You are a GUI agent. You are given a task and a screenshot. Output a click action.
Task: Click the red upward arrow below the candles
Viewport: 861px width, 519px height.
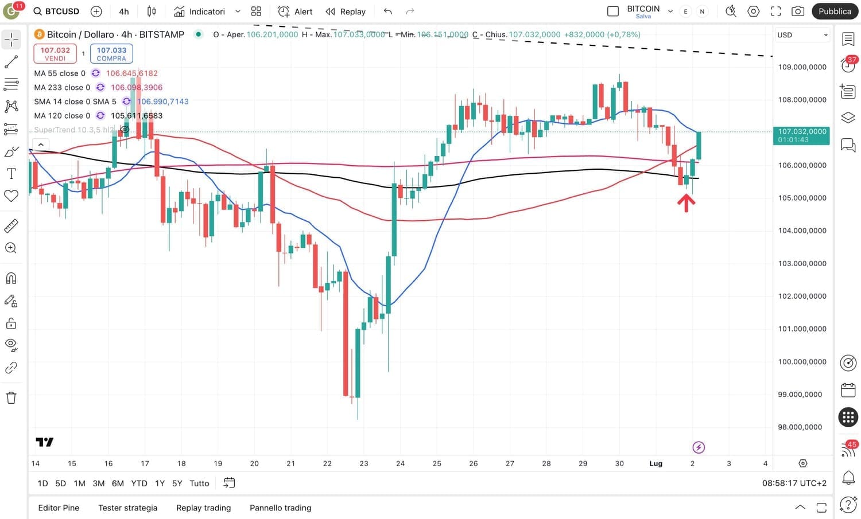point(686,203)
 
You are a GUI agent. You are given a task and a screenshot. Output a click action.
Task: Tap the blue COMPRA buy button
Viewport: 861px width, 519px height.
point(111,54)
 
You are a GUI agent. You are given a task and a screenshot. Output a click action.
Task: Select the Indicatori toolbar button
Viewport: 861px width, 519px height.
point(200,11)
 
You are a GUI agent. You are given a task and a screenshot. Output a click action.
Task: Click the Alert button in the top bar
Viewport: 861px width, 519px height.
point(296,11)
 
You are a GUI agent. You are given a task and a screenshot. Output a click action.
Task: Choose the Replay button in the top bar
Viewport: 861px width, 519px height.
point(346,11)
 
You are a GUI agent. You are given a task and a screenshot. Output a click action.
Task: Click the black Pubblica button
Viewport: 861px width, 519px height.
point(835,11)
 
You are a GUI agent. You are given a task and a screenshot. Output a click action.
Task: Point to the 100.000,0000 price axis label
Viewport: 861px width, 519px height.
point(802,362)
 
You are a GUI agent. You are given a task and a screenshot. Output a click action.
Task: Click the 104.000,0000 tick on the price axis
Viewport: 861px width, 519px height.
point(802,231)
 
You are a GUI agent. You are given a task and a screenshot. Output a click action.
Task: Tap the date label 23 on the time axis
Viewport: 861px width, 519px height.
point(364,463)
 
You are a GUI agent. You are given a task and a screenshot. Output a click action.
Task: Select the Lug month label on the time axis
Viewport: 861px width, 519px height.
point(656,463)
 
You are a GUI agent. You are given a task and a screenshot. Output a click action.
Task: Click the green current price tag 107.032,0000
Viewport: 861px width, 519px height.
point(801,135)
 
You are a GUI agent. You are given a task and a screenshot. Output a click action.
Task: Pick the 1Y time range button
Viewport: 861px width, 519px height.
point(160,483)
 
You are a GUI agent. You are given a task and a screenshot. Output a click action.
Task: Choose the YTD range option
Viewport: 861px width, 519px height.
point(139,483)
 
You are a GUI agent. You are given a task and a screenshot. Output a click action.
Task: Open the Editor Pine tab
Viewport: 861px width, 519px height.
point(59,508)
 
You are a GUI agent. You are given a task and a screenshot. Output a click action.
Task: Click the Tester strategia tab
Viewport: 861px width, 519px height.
point(127,508)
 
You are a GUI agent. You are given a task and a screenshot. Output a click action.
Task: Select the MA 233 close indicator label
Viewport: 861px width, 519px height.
point(62,88)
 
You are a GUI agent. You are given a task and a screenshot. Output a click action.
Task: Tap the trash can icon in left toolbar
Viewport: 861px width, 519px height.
point(11,397)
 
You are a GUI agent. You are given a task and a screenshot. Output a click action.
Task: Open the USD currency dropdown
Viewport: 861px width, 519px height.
point(802,35)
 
